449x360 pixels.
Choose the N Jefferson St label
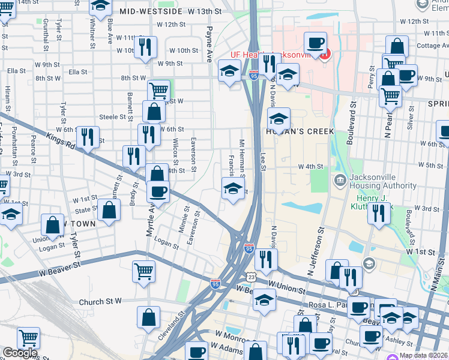point(316,251)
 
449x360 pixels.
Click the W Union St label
point(288,289)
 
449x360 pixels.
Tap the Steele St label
point(112,117)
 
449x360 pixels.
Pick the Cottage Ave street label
point(428,46)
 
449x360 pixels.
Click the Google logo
point(20,353)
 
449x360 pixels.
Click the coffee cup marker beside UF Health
point(315,43)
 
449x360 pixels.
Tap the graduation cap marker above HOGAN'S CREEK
point(278,118)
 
